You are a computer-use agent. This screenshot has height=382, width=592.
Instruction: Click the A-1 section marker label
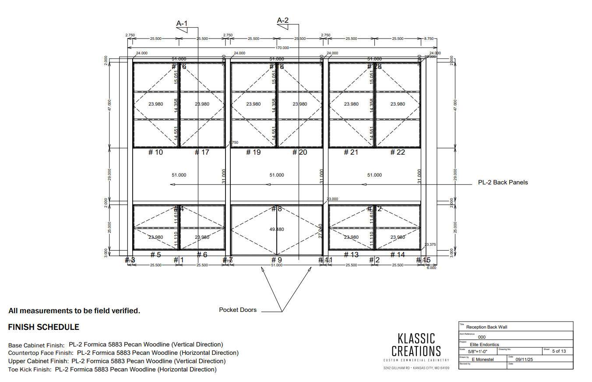tap(182, 23)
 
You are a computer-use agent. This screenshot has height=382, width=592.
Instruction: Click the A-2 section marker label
tap(283, 20)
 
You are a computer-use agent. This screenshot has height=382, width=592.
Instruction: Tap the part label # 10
tap(155, 152)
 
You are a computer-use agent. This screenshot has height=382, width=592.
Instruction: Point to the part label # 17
tap(202, 152)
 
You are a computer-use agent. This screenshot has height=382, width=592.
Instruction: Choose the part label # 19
tap(254, 152)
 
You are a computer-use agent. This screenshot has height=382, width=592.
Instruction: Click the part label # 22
tap(398, 152)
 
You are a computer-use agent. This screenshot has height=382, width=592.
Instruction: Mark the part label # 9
tap(277, 260)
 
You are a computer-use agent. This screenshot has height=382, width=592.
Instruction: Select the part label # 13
tap(351, 255)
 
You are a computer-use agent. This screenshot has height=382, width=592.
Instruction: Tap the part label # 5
tap(156, 255)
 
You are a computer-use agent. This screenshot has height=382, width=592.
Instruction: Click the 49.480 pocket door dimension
tap(277, 229)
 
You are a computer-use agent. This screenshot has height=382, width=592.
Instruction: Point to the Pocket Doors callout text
tap(238, 310)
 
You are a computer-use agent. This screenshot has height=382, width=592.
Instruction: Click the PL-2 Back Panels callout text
tap(503, 182)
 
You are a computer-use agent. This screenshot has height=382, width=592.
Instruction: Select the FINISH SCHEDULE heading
tap(44, 327)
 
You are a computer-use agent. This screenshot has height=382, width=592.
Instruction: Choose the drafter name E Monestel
tap(482, 360)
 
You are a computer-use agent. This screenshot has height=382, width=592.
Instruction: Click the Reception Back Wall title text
tap(486, 327)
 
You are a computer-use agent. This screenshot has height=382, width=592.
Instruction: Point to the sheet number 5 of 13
tap(559, 351)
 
